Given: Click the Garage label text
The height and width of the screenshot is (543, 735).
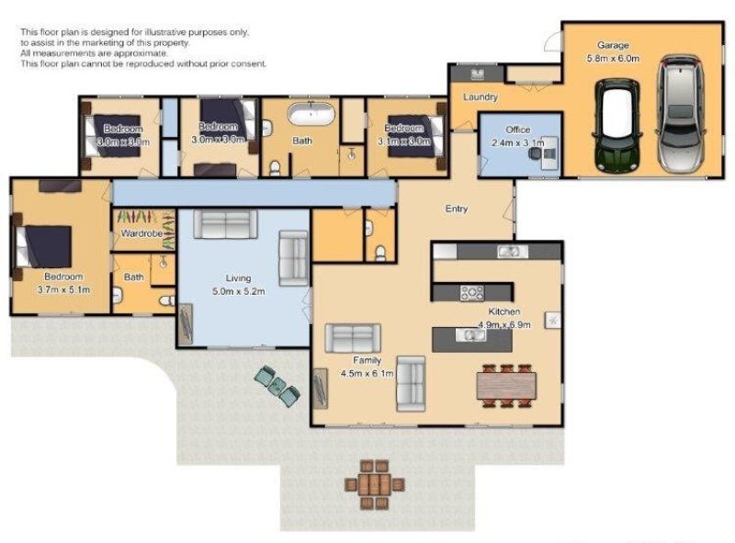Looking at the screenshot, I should point(612,45).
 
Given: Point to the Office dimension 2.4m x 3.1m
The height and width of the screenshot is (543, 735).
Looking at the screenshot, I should point(519,143).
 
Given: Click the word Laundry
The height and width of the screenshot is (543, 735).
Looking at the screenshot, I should point(481,97).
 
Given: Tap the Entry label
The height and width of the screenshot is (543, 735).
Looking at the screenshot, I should point(457,209).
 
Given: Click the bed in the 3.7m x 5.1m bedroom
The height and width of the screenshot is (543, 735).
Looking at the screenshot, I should point(43,245).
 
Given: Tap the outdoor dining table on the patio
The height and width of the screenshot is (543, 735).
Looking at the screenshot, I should point(373,483).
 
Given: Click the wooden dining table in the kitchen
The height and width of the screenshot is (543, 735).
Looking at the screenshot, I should point(504,383).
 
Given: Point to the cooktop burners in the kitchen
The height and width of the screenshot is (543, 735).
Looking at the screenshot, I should point(471,293).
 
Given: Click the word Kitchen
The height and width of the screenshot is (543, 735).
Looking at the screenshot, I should point(504,312).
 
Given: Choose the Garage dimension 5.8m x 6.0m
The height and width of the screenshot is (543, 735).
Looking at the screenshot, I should point(612,58).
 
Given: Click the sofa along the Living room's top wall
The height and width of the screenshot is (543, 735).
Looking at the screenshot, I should point(224,224).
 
